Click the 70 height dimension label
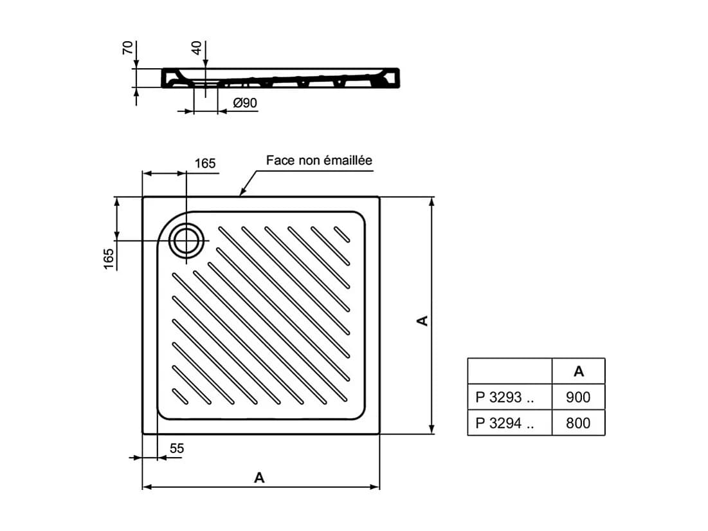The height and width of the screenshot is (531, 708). click(128, 48)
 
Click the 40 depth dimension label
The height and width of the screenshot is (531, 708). click(197, 48)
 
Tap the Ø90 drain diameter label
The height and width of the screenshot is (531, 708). click(245, 103)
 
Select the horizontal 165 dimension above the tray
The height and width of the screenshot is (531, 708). click(205, 163)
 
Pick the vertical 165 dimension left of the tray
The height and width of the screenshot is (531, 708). click(109, 259)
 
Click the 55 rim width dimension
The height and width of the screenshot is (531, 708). click(177, 449)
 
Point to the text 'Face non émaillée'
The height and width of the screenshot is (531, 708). click(319, 160)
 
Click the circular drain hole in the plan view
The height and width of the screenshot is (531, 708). click(186, 241)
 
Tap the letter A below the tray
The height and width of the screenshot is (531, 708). click(259, 477)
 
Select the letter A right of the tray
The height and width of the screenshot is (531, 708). click(422, 321)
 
